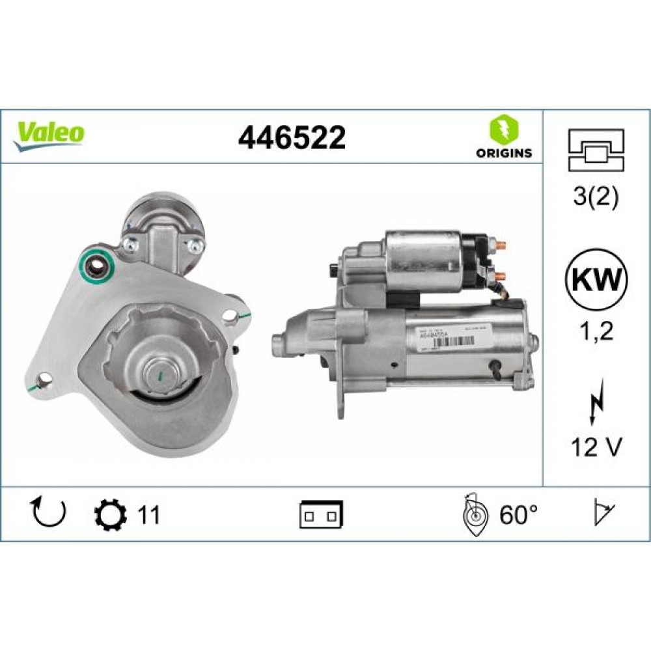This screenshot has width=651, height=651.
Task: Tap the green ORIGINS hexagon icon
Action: pyautogui.click(x=503, y=128)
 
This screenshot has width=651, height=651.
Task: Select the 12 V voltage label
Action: pyautogui.click(x=596, y=447)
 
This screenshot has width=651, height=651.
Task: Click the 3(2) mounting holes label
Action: pyautogui.click(x=596, y=195)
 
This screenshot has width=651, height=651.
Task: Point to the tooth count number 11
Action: pyautogui.click(x=148, y=516)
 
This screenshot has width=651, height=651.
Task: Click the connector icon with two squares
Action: pyautogui.click(x=322, y=515)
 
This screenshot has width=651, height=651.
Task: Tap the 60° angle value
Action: pyautogui.click(x=519, y=516)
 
